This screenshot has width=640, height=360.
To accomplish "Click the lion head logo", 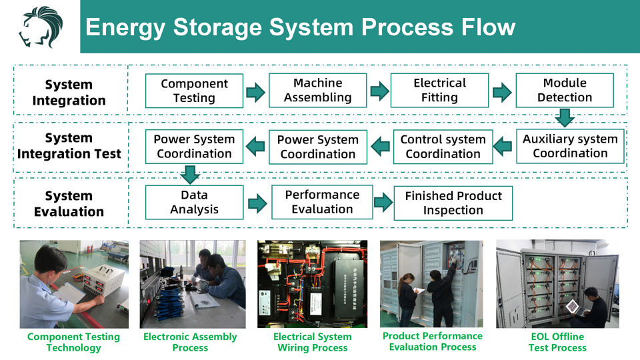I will [40, 27].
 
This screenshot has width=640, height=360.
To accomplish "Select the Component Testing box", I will [194, 91].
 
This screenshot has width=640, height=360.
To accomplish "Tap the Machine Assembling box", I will [317, 91].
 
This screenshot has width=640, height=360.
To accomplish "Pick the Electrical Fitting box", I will [439, 91].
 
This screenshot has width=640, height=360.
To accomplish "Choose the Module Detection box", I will [565, 91].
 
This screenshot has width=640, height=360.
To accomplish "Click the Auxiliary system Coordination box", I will [570, 146].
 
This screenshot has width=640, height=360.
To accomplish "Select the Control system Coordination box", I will [443, 147].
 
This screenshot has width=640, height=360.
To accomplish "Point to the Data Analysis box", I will [194, 203].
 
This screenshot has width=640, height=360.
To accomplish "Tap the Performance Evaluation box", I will [322, 202].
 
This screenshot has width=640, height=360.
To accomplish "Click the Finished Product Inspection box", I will [453, 203].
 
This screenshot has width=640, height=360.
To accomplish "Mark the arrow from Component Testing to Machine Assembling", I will [255, 92].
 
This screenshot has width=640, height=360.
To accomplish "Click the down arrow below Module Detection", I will [565, 118].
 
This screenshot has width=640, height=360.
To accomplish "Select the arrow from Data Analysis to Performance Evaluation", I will [257, 203].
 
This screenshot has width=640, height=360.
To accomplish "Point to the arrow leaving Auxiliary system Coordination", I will [505, 147].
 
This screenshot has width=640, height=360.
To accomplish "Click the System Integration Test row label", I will [69, 146].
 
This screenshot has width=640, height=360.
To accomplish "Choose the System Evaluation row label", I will [69, 204].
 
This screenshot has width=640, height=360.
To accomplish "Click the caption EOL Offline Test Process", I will [557, 342].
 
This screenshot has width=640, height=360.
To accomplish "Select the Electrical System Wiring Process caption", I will [312, 342].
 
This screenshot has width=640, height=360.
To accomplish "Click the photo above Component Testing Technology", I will [74, 284].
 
